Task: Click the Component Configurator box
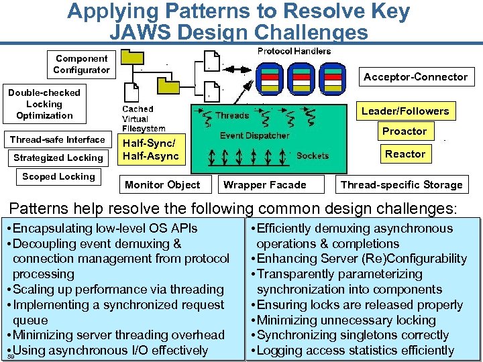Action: tap(81, 64)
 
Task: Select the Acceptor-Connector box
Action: tap(415, 77)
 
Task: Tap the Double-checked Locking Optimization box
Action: tap(44, 104)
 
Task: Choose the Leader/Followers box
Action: tap(405, 111)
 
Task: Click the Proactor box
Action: tap(404, 131)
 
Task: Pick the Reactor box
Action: tap(405, 154)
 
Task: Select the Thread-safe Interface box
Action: tap(57, 139)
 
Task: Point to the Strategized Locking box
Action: tap(58, 158)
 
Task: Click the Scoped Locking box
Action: tap(58, 177)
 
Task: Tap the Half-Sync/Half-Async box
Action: tap(150, 149)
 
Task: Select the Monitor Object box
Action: tap(162, 185)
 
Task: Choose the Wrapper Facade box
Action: tap(264, 185)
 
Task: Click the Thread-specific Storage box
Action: tap(401, 185)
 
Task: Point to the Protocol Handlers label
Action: tap(294, 52)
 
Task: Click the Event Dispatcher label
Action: tap(254, 135)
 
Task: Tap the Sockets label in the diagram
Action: tap(313, 156)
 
